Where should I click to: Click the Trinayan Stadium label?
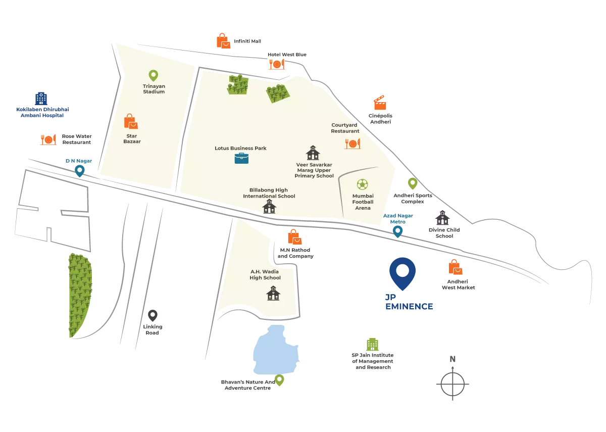(154, 89)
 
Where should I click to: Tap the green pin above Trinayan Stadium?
(153, 76)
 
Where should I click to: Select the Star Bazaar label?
(132, 138)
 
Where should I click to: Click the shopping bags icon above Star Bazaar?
(131, 121)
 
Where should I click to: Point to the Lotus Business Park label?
(240, 148)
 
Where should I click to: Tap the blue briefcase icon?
(241, 158)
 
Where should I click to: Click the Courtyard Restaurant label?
(345, 128)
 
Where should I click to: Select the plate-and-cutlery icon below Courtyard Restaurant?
(352, 143)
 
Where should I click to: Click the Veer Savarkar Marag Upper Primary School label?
(314, 170)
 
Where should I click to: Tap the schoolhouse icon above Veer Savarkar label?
(313, 152)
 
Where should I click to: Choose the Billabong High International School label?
(269, 193)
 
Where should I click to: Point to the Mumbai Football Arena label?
(363, 202)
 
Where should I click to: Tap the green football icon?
(362, 184)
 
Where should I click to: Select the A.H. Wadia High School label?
(265, 274)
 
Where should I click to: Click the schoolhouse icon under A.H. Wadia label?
(273, 293)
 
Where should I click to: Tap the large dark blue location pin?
(402, 273)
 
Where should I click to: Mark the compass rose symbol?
(453, 380)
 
